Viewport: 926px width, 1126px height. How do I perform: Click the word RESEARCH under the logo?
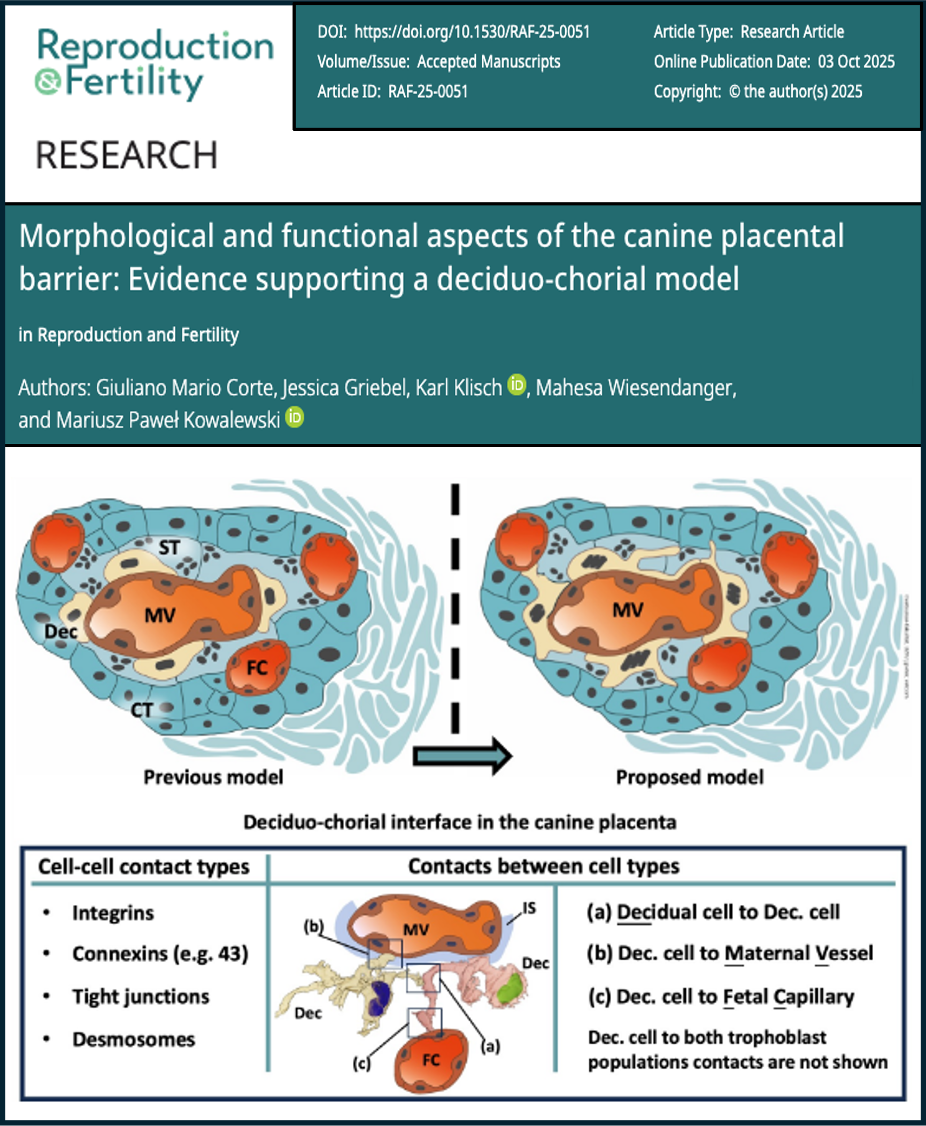tap(127, 155)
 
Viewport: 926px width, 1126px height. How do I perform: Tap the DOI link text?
tap(472, 32)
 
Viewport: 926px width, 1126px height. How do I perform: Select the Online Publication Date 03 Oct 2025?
tap(855, 62)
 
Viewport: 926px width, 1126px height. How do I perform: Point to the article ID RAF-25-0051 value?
tap(428, 92)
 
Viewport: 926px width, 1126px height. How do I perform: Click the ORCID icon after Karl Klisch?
tap(516, 385)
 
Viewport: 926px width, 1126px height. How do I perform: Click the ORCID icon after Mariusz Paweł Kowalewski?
tap(295, 417)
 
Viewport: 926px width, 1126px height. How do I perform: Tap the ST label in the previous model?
tap(169, 548)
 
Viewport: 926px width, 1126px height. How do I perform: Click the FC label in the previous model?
tap(257, 667)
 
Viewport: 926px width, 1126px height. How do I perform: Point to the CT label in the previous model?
tap(142, 710)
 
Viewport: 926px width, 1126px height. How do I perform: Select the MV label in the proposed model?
tap(628, 610)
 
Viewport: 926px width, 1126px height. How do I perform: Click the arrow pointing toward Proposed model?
tap(462, 756)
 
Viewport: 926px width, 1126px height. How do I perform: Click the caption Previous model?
tap(213, 777)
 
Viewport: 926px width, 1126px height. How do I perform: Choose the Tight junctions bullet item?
tap(141, 997)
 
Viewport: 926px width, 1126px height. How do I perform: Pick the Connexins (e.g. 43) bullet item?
tap(160, 953)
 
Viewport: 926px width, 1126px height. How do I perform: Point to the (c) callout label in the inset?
tap(361, 1064)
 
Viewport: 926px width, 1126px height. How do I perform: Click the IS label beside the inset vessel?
tap(529, 908)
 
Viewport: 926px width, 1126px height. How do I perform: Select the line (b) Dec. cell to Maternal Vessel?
tap(730, 953)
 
